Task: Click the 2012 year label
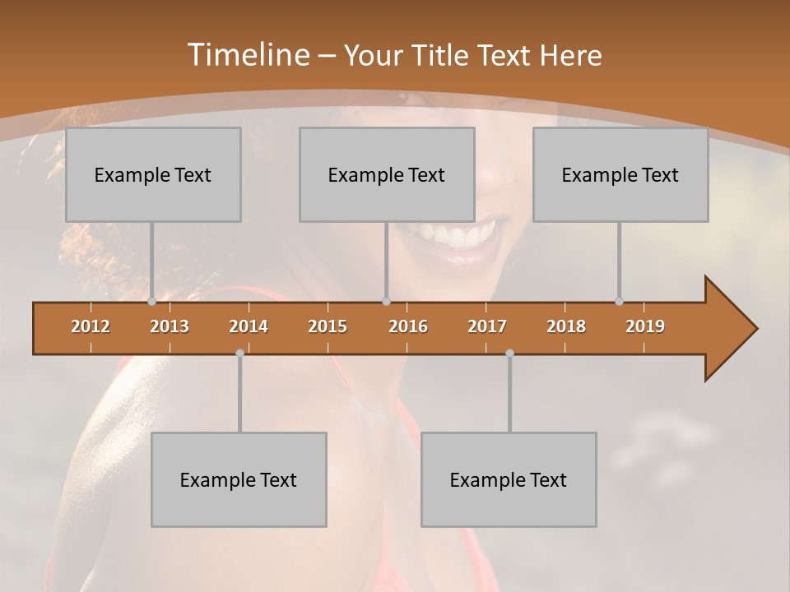[91, 326]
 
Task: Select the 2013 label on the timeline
[170, 326]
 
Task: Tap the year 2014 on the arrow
[249, 326]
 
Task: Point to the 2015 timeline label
[328, 326]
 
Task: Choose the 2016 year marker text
[408, 326]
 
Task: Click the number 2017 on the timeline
[487, 326]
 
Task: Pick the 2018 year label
[566, 326]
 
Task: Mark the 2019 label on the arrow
[645, 326]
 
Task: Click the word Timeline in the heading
[248, 55]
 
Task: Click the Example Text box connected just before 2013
[153, 174]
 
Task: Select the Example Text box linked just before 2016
[387, 174]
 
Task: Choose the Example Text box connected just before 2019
[620, 174]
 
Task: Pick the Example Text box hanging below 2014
[239, 479]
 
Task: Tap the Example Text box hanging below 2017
[509, 479]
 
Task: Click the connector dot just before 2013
[151, 302]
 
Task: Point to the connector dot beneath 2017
[509, 353]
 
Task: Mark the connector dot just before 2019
[619, 302]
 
